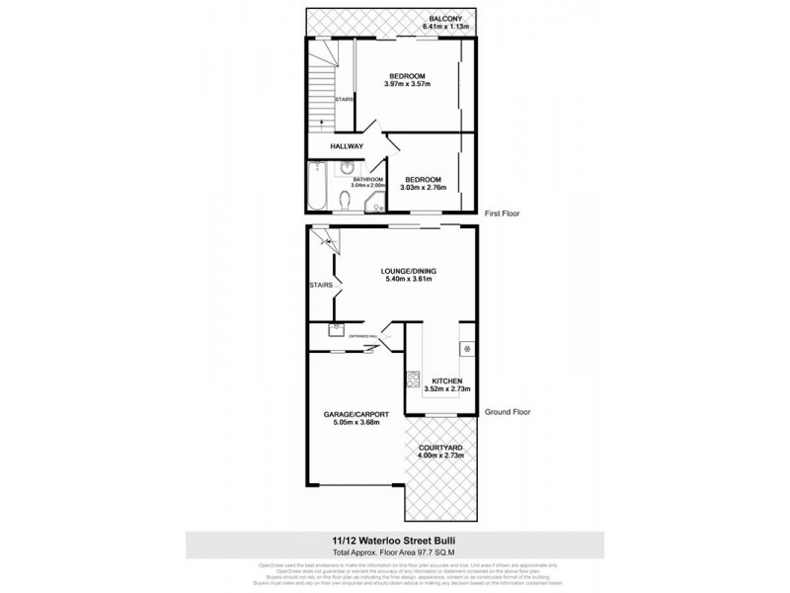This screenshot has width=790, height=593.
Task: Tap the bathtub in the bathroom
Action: point(318,187)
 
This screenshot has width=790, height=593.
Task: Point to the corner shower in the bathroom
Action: point(376,204)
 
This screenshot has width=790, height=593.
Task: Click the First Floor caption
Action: point(502,213)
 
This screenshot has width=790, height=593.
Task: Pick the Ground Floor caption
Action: point(507,415)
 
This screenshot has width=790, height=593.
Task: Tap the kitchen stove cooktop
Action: point(414,378)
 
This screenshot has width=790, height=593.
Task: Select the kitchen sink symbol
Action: point(467,348)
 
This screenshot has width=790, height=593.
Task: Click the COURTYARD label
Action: point(442,449)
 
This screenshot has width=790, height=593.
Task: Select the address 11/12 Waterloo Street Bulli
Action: point(394,539)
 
